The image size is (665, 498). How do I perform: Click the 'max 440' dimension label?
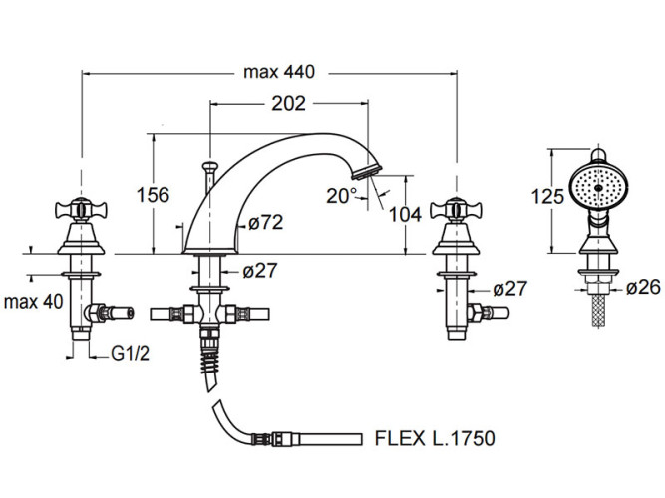point(279,72)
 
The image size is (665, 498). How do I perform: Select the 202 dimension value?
point(288,103)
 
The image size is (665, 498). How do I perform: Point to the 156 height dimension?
point(153,195)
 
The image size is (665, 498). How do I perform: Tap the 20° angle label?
point(342,196)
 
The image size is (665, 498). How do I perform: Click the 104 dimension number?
point(405,215)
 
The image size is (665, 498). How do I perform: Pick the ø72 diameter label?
point(266,222)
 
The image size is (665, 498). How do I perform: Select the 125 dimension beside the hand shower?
point(547,196)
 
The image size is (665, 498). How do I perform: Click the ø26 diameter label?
point(643,287)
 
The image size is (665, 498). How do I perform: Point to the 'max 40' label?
point(33,302)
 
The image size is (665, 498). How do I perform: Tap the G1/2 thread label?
point(131,353)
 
